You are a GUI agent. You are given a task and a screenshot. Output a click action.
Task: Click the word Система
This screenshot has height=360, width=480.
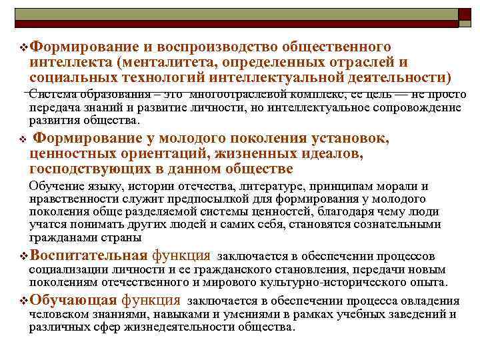tap(53, 93)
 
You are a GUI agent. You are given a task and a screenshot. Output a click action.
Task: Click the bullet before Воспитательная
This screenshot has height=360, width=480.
tap(23, 256)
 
